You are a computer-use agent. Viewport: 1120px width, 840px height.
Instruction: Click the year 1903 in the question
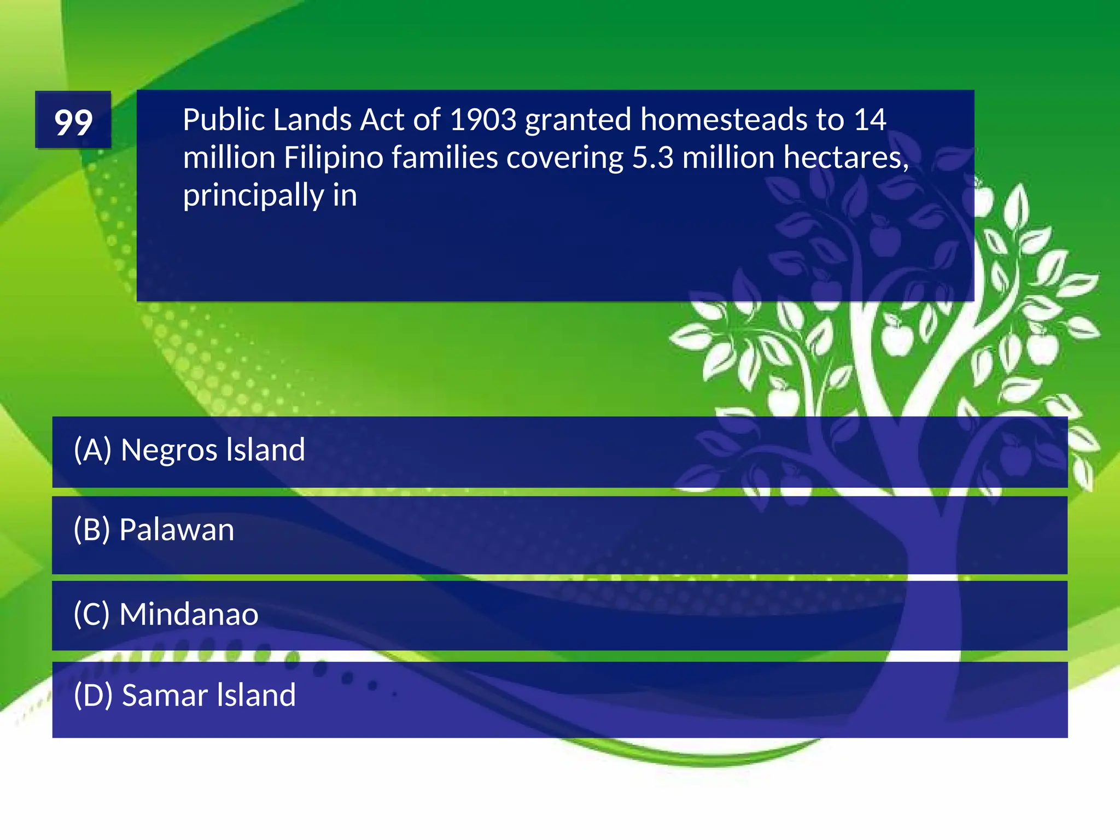(x=482, y=120)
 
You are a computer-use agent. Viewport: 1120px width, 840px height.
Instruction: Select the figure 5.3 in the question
(x=653, y=158)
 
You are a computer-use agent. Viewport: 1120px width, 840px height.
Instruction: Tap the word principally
(x=253, y=196)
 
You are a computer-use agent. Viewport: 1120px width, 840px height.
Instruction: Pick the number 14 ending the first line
(x=870, y=120)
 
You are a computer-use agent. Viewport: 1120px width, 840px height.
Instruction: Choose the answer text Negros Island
(x=213, y=450)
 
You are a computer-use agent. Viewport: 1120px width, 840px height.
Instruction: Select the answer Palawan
(x=177, y=530)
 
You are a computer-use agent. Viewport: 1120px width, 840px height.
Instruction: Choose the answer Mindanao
(x=189, y=614)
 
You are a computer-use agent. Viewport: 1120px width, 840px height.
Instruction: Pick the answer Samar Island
(x=208, y=695)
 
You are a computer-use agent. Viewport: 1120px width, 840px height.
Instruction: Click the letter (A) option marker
(x=92, y=450)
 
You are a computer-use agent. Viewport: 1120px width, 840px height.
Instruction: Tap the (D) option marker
(x=93, y=695)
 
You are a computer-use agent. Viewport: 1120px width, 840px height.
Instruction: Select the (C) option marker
(x=92, y=614)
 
